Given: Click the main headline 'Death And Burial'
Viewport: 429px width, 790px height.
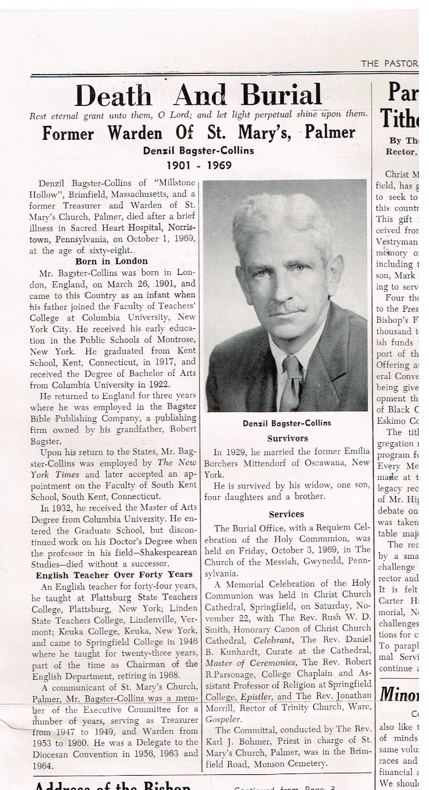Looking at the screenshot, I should [x=198, y=95].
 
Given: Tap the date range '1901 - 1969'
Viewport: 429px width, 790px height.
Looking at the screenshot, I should [x=199, y=166].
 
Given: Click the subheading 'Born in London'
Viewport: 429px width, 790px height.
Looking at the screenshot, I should [x=111, y=261].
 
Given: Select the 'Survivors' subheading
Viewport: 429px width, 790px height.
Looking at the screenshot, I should [x=287, y=438].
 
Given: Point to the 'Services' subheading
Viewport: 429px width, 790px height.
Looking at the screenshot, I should [x=286, y=514].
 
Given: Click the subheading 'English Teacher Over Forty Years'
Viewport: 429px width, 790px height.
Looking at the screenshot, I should [x=114, y=575].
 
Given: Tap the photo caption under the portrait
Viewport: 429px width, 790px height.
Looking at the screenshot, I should [x=287, y=423].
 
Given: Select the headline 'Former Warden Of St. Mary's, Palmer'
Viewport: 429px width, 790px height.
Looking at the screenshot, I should [x=198, y=133].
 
